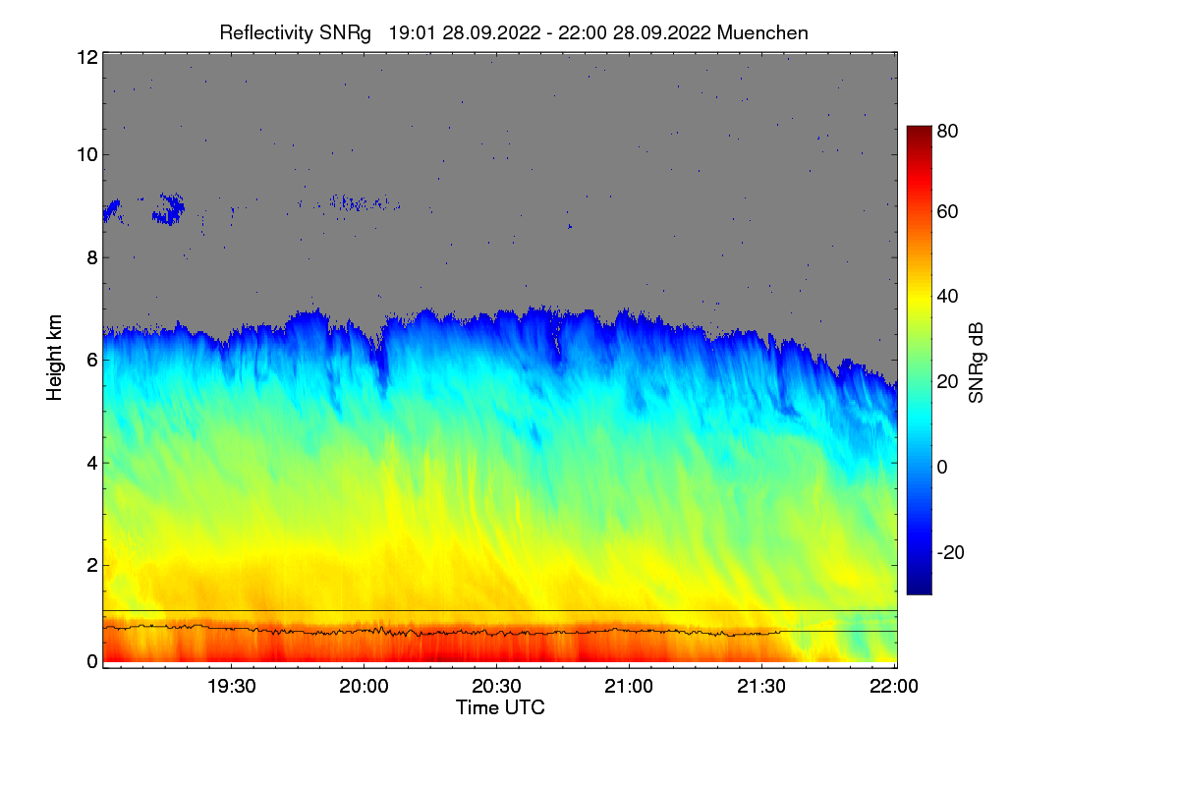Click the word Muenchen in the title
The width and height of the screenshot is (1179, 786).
[762, 32]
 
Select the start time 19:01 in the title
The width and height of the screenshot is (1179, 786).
[412, 32]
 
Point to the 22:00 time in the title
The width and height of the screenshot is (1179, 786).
[586, 32]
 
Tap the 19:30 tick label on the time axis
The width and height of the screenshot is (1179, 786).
[231, 687]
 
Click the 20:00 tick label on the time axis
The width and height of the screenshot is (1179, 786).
[364, 687]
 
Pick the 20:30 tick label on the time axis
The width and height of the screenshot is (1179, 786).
[496, 687]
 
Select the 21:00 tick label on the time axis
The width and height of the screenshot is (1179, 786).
[629, 687]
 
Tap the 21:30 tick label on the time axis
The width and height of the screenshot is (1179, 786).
[761, 687]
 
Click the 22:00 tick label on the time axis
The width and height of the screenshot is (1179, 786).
[894, 687]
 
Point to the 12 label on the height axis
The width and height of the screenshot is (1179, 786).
[86, 58]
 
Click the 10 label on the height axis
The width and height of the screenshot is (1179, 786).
[86, 154]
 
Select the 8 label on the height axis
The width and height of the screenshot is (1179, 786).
[91, 257]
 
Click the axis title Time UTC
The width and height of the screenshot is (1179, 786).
[499, 707]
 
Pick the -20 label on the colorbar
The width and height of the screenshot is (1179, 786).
[950, 553]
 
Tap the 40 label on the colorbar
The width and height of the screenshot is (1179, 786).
[947, 297]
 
